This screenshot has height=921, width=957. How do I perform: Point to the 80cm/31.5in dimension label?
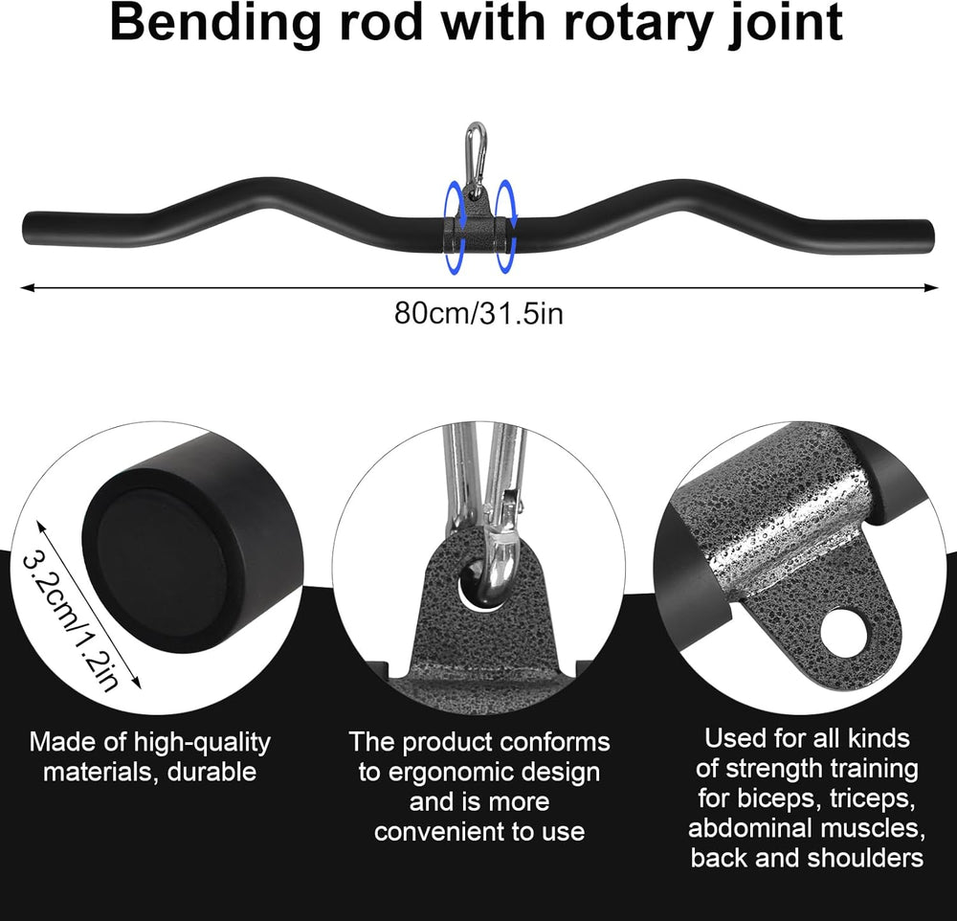[x=478, y=313]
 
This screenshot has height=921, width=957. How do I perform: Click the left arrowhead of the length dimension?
[x=26, y=285]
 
